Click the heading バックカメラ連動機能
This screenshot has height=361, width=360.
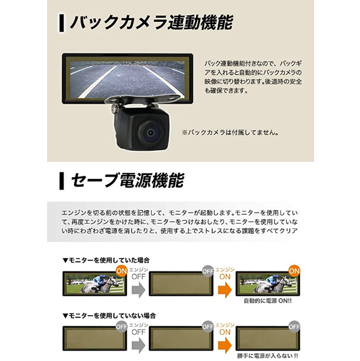[152, 22]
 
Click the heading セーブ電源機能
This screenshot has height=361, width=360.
[128, 180]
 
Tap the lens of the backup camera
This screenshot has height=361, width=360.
[151, 132]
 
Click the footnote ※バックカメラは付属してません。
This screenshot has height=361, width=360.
[231, 133]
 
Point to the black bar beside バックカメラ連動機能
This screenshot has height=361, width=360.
[61, 23]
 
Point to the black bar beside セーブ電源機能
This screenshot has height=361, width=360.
[61, 181]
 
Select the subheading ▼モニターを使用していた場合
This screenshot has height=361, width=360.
[106, 260]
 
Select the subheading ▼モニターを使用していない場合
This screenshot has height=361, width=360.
[109, 316]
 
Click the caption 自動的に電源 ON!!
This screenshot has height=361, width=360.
[268, 301]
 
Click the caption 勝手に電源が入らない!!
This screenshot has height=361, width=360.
[268, 356]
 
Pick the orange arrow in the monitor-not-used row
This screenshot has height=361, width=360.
[225, 345]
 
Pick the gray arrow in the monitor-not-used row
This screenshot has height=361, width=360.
[138, 345]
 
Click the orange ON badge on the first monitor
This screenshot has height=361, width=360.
[121, 271]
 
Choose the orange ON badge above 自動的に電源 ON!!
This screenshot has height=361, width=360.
[294, 271]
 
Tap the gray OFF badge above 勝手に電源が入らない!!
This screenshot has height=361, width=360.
[294, 327]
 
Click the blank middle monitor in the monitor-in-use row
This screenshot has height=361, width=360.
[181, 284]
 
